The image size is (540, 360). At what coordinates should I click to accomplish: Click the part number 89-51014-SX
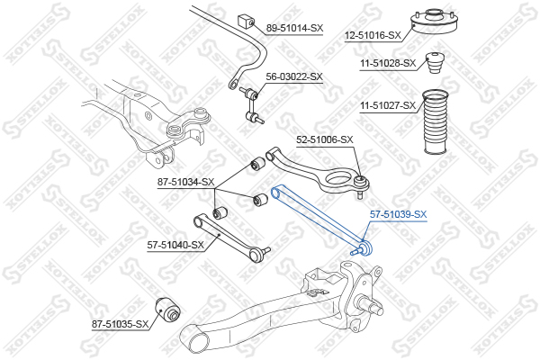pos(295,28)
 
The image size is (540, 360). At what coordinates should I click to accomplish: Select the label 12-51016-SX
pos(373,35)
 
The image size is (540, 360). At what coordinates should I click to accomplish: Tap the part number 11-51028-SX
pos(388,63)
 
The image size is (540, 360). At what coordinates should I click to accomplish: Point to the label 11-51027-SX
pos(388,105)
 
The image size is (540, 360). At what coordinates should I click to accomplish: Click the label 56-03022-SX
pos(294,76)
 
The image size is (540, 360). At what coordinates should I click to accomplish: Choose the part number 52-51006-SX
pos(325,139)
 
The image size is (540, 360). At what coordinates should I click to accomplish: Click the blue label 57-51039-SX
pos(398,214)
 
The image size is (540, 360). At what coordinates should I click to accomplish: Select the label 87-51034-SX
pos(185,182)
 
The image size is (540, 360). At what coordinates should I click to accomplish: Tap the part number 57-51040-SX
pos(175,245)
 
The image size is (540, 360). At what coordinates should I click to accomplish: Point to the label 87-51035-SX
pos(120,324)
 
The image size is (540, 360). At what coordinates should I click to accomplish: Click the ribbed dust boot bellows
pos(436,121)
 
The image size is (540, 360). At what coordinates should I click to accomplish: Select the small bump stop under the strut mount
pos(436,63)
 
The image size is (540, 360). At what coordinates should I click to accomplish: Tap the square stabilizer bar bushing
pos(246,21)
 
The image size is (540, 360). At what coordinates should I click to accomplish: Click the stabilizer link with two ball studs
pos(252,105)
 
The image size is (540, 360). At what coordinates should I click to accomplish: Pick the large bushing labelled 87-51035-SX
pos(167,309)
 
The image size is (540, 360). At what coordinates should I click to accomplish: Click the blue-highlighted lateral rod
pos(320,221)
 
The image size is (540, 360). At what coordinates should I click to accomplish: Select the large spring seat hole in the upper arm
pos(340,179)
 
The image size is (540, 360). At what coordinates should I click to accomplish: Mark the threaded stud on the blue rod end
pos(355,251)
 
